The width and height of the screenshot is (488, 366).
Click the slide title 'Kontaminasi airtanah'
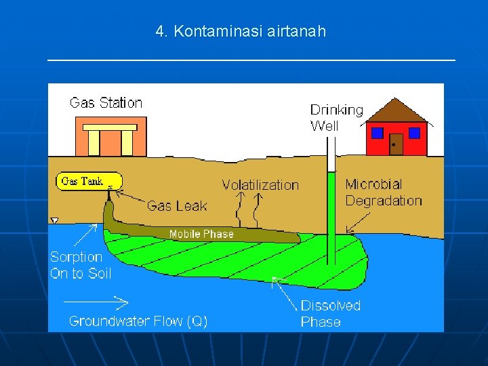pyautogui.click(x=241, y=31)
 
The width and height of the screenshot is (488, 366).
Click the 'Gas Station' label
pyautogui.click(x=106, y=103)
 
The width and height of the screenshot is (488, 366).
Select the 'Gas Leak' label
pyautogui.click(x=177, y=206)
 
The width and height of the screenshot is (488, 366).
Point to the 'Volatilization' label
pyautogui.click(x=260, y=185)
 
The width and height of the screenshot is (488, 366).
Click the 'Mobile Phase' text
pyautogui.click(x=201, y=234)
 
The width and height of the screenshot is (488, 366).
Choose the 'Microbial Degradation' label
pyautogui.click(x=383, y=192)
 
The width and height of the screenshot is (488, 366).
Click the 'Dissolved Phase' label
pyautogui.click(x=330, y=314)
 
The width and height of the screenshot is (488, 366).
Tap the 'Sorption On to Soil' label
pyautogui.click(x=81, y=265)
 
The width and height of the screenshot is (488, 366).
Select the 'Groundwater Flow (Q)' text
pyautogui.click(x=138, y=321)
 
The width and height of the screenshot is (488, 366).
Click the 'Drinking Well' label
pyautogui.click(x=336, y=117)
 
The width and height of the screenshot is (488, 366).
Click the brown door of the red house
pyautogui.click(x=396, y=144)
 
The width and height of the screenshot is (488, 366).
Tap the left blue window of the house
pyautogui.click(x=378, y=133)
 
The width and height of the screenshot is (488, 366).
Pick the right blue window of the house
pyautogui.click(x=414, y=133)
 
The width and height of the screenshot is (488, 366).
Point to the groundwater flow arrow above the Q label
pyautogui.click(x=95, y=301)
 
